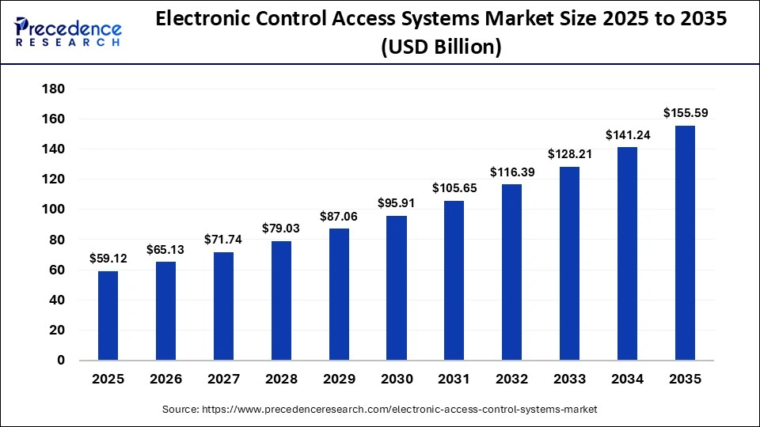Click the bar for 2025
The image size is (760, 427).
pyautogui.click(x=108, y=316)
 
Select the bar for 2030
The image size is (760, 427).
pyautogui.click(x=397, y=288)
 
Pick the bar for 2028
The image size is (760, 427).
pyautogui.click(x=281, y=300)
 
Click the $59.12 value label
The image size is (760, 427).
pyautogui.click(x=108, y=258)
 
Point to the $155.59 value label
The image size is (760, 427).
pyautogui.click(x=685, y=112)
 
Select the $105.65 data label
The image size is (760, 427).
pyautogui.click(x=454, y=187)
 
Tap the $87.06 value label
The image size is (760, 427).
pyautogui.click(x=339, y=215)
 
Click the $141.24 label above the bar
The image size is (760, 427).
pyautogui.click(x=627, y=134)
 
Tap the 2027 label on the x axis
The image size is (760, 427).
pyautogui.click(x=223, y=380)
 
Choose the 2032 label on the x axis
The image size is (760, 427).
pyautogui.click(x=512, y=380)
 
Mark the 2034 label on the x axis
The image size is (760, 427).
pyautogui.click(x=627, y=380)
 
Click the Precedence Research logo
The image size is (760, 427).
pyautogui.click(x=67, y=32)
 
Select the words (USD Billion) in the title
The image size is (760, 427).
pyautogui.click(x=441, y=47)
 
